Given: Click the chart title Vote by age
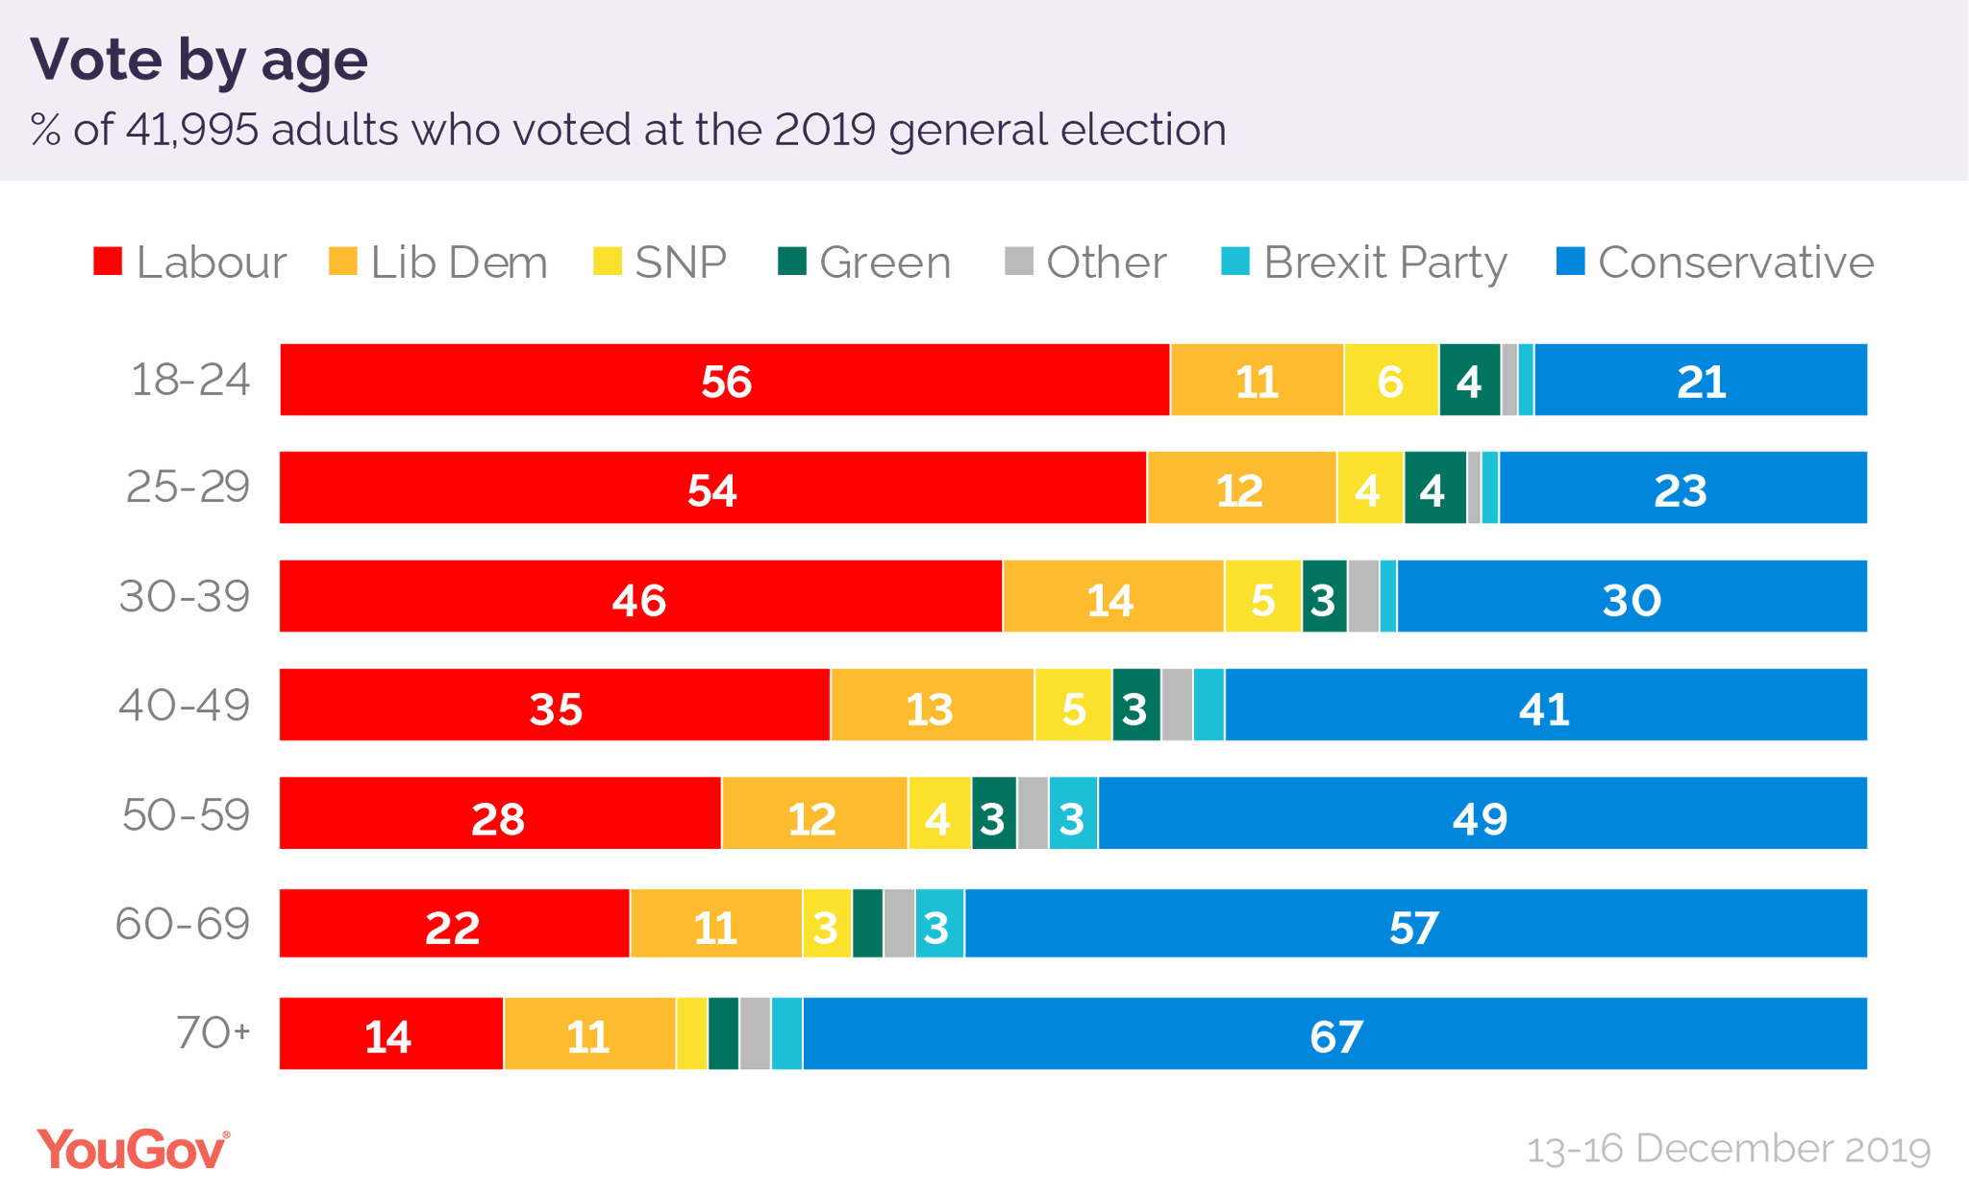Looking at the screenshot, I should pyautogui.click(x=199, y=60).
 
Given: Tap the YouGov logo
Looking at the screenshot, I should pyautogui.click(x=133, y=1150).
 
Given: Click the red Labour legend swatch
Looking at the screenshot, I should pyautogui.click(x=108, y=261).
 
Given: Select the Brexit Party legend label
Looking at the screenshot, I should pyautogui.click(x=1384, y=262).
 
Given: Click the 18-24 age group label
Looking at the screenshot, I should pyautogui.click(x=190, y=380).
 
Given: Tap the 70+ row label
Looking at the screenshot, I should pyautogui.click(x=212, y=1033).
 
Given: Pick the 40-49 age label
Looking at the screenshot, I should pyautogui.click(x=185, y=706).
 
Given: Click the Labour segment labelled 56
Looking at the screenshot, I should pyautogui.click(x=725, y=381).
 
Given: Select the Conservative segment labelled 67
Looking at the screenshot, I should pyautogui.click(x=1334, y=1035).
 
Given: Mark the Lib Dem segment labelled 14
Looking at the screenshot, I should pyautogui.click(x=1112, y=598).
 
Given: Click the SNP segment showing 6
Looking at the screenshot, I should pyautogui.click(x=1390, y=381).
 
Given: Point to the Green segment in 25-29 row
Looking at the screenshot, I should pyautogui.click(x=1433, y=489).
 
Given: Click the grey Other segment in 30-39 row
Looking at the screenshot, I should pyautogui.click(x=1362, y=597).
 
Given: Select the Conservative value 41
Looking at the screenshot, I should pyautogui.click(x=1544, y=708).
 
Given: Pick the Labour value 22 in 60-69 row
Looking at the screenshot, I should pyautogui.click(x=452, y=926).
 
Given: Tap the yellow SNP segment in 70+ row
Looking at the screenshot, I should pyautogui.click(x=691, y=1034).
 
